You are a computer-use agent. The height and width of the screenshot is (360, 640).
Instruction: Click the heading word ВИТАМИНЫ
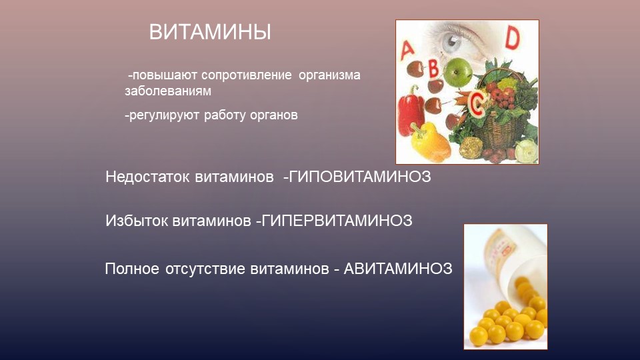[x=210, y=32]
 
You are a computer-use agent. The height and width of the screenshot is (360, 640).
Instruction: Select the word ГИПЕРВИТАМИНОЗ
[x=337, y=221]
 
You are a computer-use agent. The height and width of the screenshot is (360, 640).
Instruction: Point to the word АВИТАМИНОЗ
[x=398, y=269]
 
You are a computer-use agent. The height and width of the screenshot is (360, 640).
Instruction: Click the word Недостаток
[x=147, y=177]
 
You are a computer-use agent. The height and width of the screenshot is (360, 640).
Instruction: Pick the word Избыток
[x=137, y=221]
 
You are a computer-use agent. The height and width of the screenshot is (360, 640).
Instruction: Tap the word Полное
[x=132, y=269]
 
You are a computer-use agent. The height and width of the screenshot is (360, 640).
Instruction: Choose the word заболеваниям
[x=168, y=91]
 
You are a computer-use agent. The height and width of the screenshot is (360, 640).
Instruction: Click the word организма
[x=329, y=76]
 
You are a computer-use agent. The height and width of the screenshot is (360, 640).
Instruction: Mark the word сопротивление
[x=247, y=76]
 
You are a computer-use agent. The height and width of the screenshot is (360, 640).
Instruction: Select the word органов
[x=273, y=115]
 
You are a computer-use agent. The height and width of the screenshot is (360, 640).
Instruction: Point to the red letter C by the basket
[x=476, y=102]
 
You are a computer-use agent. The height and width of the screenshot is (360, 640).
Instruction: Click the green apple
[x=458, y=72]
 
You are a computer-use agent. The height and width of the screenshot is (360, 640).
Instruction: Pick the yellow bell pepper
[x=429, y=143]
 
